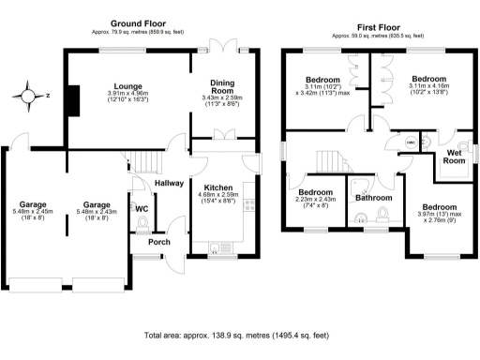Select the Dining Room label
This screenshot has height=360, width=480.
tap(222, 89)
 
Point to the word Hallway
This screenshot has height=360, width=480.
tap(170, 184)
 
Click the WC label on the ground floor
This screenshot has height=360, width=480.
tap(142, 208)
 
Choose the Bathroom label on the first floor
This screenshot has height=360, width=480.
tap(373, 198)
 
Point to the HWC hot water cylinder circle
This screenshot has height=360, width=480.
tap(412, 142)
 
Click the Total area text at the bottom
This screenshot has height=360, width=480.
tap(239, 335)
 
